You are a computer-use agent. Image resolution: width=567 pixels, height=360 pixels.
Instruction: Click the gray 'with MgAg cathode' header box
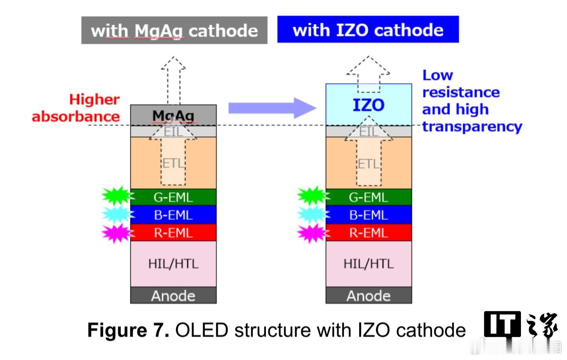coord(174,30)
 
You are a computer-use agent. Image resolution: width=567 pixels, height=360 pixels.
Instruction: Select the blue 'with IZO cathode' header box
coord(368,29)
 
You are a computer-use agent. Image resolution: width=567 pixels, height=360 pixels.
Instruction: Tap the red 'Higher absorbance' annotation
coord(76,108)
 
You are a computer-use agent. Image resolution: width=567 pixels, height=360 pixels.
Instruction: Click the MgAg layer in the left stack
coord(173,115)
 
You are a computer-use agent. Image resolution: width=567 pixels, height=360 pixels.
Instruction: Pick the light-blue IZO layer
coord(369,105)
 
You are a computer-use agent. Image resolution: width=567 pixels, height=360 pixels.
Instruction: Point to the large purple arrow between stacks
coord(272,108)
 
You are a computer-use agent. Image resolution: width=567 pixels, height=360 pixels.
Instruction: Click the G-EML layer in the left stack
coord(173,197)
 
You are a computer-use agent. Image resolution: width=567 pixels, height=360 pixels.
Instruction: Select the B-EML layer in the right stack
coord(369,215)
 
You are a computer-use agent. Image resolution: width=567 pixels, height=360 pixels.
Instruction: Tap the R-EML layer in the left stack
coord(173,233)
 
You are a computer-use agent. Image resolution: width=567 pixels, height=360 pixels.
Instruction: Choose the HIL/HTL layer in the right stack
coord(369,264)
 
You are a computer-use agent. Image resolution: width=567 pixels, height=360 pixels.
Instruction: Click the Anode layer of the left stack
coord(173,295)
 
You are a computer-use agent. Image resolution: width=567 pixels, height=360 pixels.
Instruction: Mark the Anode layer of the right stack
coord(369,295)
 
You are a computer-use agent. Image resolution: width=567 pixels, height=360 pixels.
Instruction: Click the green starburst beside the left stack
coord(117,196)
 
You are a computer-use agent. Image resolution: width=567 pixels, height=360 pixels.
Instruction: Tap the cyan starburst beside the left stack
coord(117,214)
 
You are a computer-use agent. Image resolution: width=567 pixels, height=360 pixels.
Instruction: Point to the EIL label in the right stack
coord(369,131)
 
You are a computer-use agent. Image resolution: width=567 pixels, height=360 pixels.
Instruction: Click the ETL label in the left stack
coord(173,163)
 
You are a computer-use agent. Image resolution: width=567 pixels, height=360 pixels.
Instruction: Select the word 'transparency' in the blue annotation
coord(472,127)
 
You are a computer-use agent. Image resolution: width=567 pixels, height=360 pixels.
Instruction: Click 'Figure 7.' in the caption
coord(128,330)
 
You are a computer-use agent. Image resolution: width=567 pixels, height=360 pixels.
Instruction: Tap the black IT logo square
coord(502,324)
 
